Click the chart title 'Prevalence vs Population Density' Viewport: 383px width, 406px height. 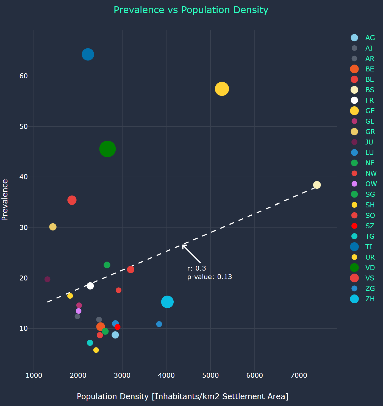[x=191, y=10]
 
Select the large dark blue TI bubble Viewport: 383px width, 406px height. [x=88, y=54]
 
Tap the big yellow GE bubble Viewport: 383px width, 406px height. [x=222, y=89]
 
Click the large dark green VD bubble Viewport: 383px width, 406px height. [x=107, y=149]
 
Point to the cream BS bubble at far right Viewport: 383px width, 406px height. [x=317, y=185]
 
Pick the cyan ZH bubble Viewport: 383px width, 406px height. [x=167, y=302]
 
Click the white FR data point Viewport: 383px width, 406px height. [x=90, y=286]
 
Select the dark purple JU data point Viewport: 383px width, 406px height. [x=48, y=279]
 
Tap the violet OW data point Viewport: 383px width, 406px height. [x=79, y=311]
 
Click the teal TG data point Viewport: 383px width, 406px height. [x=90, y=343]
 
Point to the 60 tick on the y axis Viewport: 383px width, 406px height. [x=24, y=76]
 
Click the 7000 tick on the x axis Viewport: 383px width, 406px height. [x=299, y=376]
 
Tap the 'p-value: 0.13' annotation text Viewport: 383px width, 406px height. [x=209, y=277]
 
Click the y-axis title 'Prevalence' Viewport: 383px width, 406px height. [x=5, y=200]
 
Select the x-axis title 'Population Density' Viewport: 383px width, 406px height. [x=182, y=396]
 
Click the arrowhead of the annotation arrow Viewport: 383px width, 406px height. [x=183, y=245]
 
